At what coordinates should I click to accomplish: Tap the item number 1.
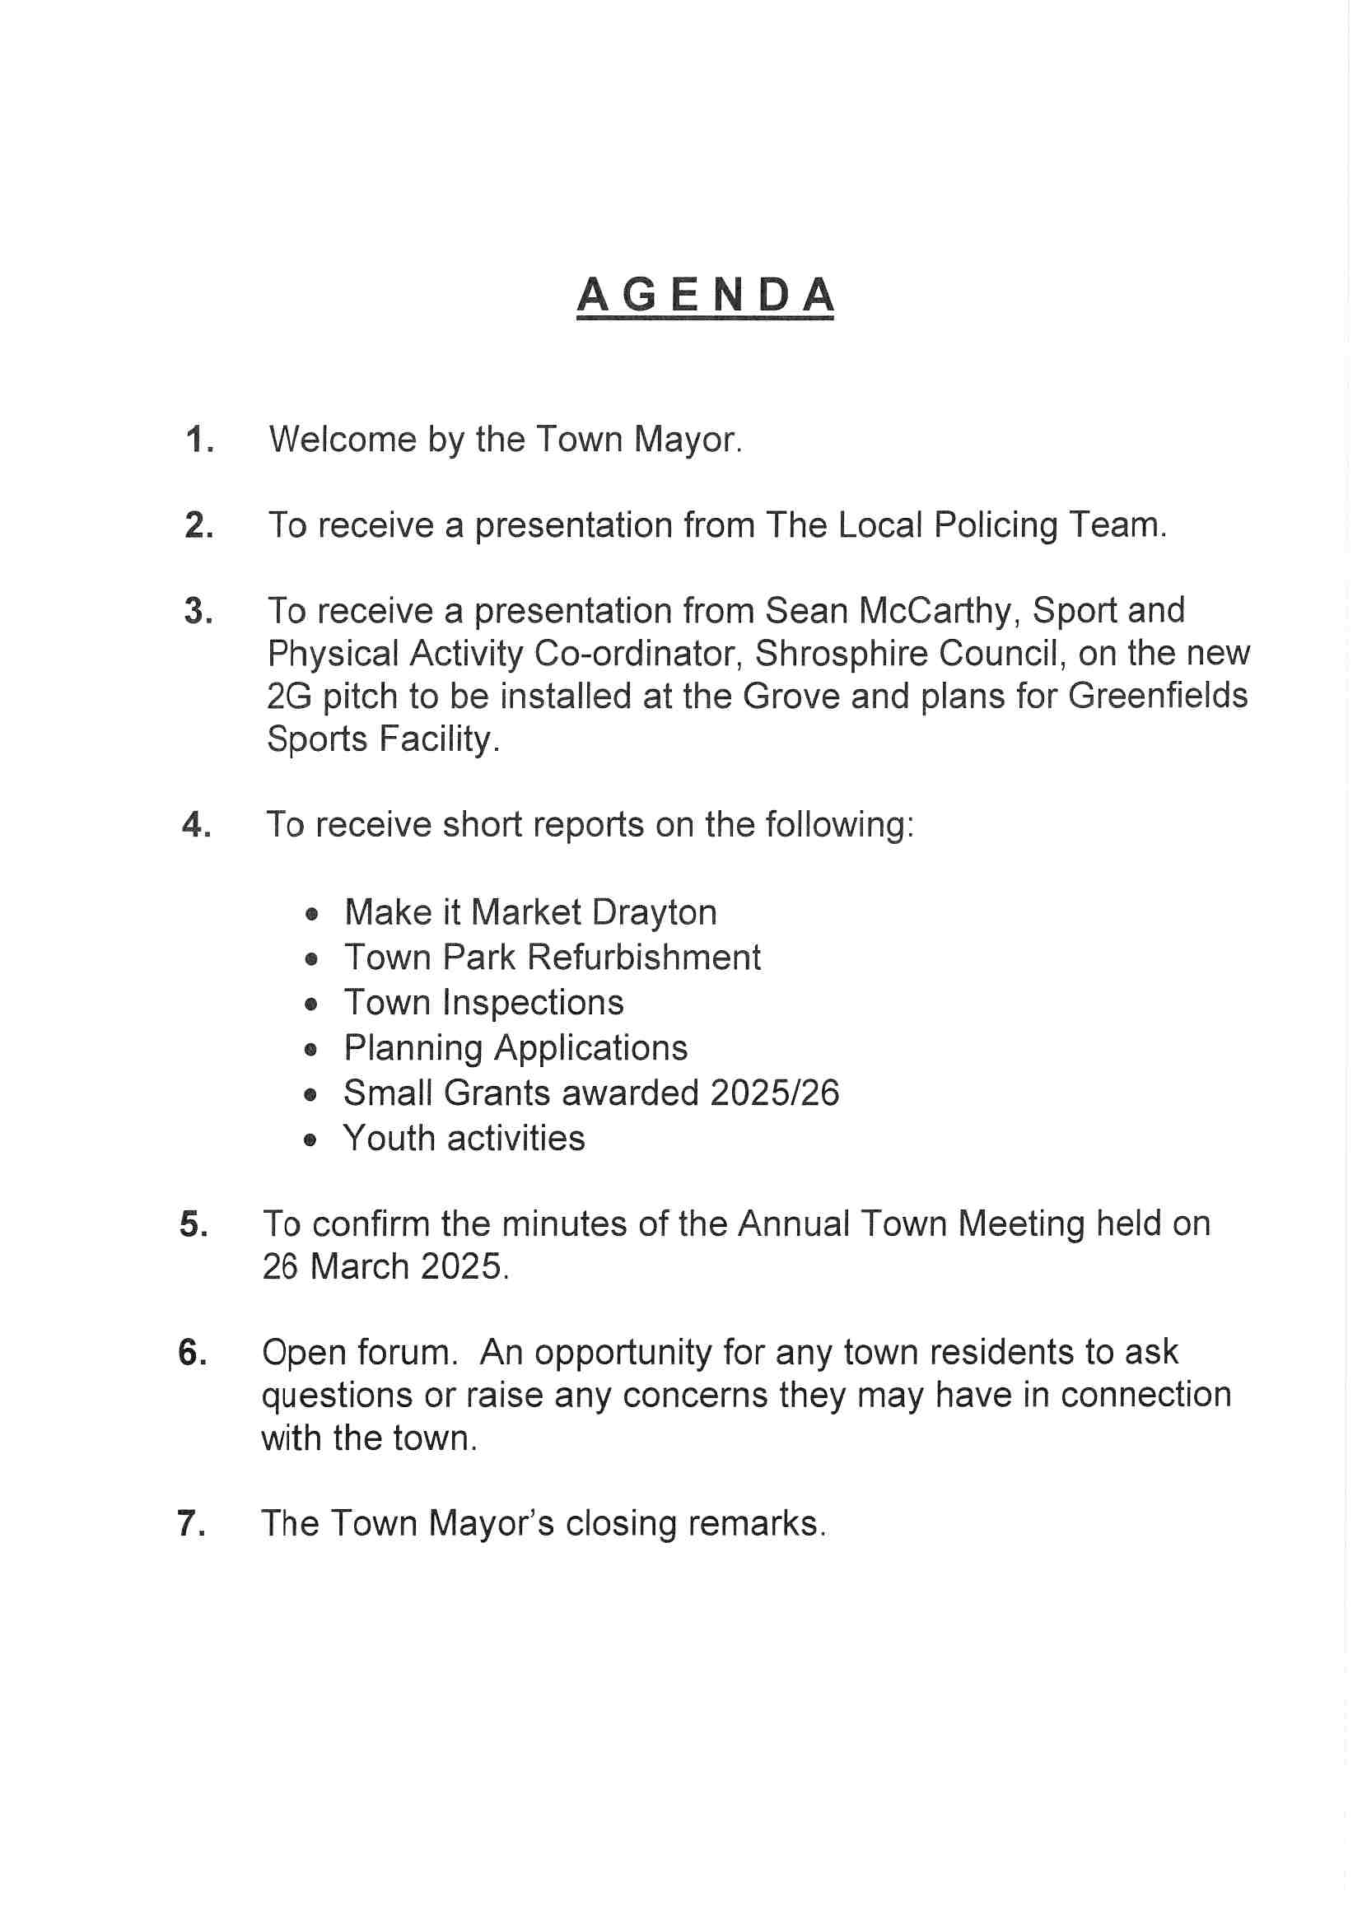[198, 440]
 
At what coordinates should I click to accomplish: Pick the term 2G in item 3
[289, 696]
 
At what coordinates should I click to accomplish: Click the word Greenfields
[1159, 696]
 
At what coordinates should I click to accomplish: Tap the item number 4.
[196, 825]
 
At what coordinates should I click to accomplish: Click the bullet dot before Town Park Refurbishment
[312, 958]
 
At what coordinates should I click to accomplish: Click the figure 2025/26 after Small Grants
[774, 1093]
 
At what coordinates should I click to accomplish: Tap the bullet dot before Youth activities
[311, 1140]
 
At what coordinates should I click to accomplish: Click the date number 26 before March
[280, 1267]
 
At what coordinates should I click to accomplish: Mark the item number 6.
[193, 1353]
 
